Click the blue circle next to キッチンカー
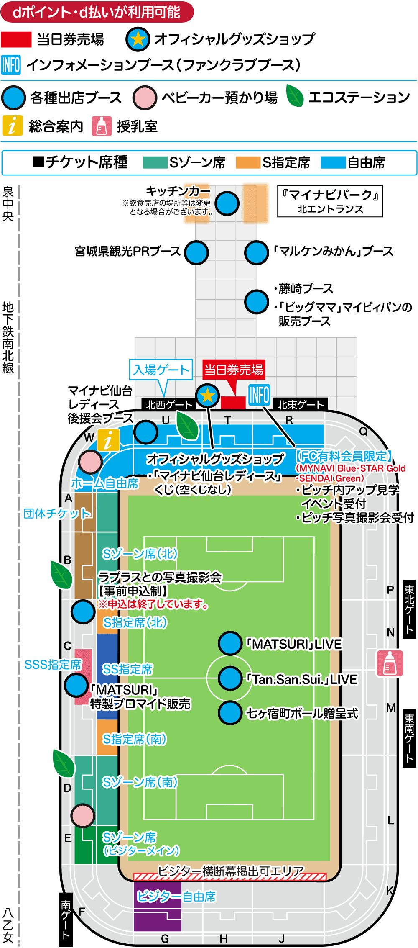coord(227,203)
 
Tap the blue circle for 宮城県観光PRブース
coord(196,252)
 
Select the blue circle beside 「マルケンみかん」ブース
coord(256,252)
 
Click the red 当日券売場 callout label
coord(234,370)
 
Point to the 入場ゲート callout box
coord(161,370)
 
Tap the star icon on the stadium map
coord(207,396)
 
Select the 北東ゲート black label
coord(300,405)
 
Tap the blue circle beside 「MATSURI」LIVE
coord(230,643)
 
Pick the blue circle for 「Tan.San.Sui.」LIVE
coord(230,678)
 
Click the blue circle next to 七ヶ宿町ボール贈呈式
coord(230,713)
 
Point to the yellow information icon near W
coord(108,440)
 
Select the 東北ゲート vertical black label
coord(409,609)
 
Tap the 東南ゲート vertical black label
coord(409,738)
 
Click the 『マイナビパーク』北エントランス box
coord(330,201)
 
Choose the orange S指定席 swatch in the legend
coord(248,162)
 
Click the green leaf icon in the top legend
coord(295,96)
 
